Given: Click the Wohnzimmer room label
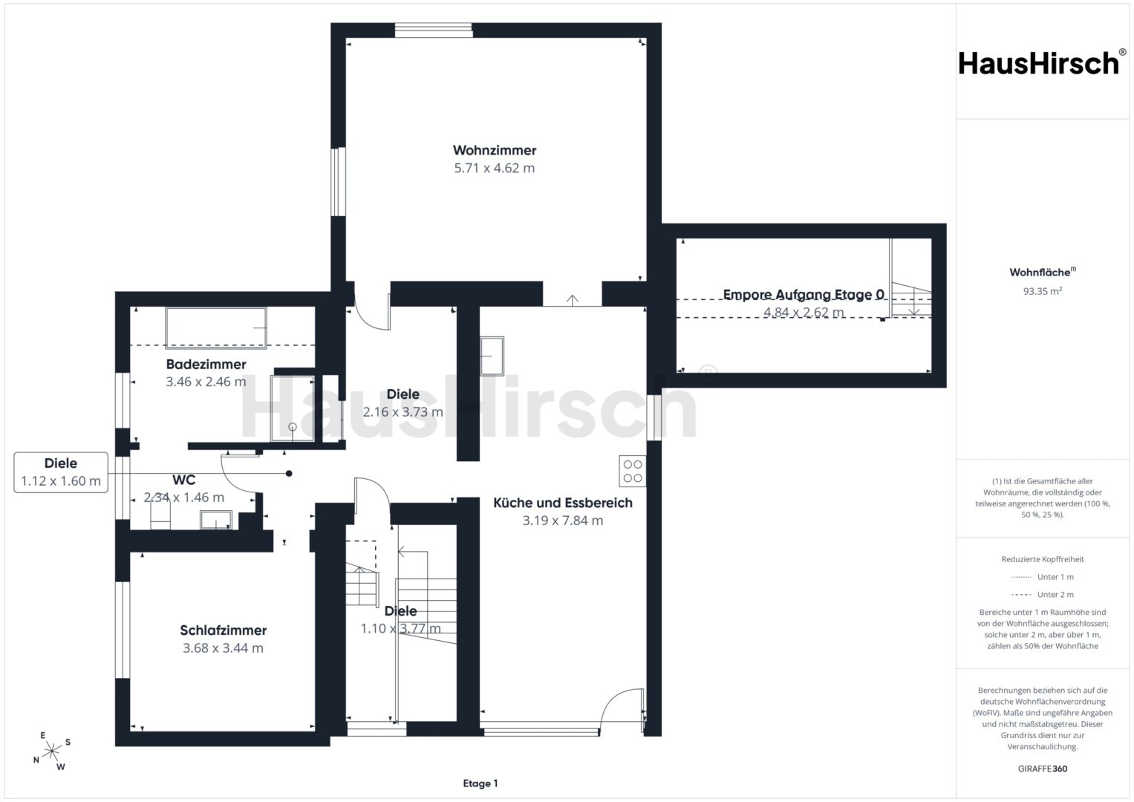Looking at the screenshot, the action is [494, 150].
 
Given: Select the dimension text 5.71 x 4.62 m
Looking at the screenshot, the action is [494, 168].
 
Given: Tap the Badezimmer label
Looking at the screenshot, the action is [206, 364].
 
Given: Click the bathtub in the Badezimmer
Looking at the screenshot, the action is [216, 328].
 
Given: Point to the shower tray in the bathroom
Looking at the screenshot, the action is [293, 408].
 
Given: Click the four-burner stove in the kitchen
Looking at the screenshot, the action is [632, 472].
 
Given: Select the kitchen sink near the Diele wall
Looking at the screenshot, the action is [492, 356].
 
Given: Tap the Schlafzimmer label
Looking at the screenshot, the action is [224, 630].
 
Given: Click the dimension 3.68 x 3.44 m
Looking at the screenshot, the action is [224, 648].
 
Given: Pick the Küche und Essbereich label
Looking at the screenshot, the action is [563, 503].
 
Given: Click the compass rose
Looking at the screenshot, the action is [52, 752].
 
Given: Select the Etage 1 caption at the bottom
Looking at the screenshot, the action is [480, 783].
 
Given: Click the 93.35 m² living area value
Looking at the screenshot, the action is [1043, 291].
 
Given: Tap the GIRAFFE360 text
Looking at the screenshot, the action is [1043, 769].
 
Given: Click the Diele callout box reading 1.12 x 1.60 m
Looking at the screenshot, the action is [61, 472].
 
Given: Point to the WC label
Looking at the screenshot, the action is [183, 480].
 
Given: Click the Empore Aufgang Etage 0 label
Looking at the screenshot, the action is [804, 295].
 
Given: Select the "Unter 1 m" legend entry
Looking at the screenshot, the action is [1043, 577].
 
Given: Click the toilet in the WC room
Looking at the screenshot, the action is [160, 516].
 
